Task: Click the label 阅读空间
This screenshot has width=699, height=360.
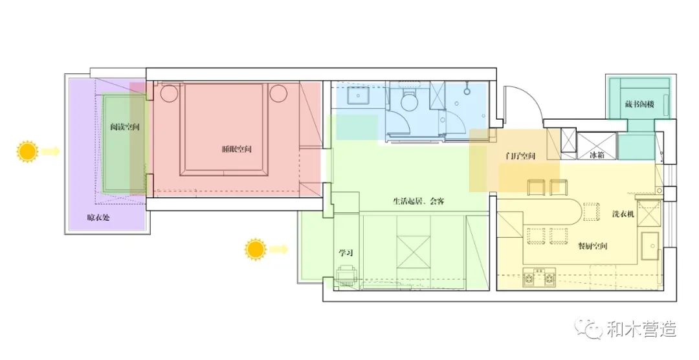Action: (125, 128)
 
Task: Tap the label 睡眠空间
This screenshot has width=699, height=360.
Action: (236, 150)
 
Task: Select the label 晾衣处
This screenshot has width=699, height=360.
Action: (98, 218)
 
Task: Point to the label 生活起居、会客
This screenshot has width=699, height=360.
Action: (418, 201)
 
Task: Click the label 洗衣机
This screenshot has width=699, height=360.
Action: (623, 214)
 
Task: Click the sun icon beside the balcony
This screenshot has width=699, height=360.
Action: (28, 152)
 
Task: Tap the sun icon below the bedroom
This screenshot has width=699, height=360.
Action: (255, 249)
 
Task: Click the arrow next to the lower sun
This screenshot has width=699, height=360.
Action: (280, 249)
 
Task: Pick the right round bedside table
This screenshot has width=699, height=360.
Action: (278, 94)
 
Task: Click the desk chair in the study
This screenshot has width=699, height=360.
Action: (346, 277)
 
